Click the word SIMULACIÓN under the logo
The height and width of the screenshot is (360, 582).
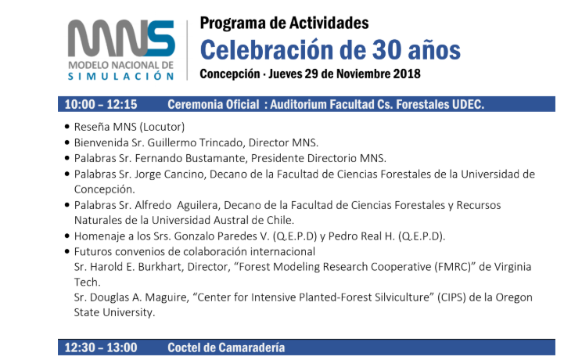(x=120, y=76)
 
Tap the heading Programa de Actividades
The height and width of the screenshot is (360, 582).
(x=284, y=23)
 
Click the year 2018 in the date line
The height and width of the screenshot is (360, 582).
(x=407, y=74)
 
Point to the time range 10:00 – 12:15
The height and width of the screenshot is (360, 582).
(x=101, y=104)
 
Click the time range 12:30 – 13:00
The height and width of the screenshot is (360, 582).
(x=101, y=347)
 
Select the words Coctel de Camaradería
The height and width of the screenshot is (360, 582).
(x=226, y=347)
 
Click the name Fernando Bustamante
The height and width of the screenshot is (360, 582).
(x=190, y=159)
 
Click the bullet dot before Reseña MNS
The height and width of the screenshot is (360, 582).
(x=66, y=127)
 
